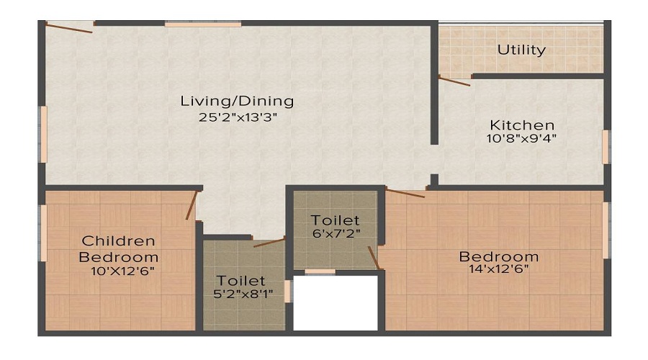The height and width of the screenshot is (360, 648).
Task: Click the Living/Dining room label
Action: coord(237,101)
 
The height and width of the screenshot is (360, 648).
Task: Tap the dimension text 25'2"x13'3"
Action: coord(237,117)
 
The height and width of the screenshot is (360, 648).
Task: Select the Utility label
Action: coord(521,50)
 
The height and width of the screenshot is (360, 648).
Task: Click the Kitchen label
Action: coord(522,125)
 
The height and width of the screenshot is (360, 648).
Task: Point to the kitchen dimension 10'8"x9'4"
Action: coord(522,139)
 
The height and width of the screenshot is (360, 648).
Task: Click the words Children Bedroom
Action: coord(119,248)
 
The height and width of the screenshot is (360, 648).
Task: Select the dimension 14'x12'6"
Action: coord(499,270)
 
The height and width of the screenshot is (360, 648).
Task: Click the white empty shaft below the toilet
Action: coord(336,302)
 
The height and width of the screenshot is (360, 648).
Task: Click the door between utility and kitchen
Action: coord(454,81)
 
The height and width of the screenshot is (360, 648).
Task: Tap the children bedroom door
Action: coord(192,205)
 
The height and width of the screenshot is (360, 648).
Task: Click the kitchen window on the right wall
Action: coord(606,147)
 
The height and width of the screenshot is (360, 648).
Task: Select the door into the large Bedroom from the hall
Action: coord(405,192)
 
